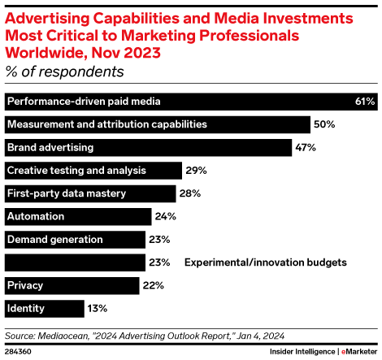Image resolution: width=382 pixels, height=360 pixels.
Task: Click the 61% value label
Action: (x=364, y=102)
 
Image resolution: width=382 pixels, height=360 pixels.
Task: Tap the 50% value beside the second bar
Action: (x=325, y=124)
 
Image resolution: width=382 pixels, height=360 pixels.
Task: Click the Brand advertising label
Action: (x=50, y=147)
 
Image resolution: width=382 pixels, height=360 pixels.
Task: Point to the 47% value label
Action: (x=306, y=148)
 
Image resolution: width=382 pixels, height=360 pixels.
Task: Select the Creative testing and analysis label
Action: (x=76, y=170)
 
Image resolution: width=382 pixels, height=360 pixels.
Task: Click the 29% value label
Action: (x=196, y=171)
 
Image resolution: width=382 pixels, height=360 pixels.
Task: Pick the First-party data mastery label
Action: (x=67, y=193)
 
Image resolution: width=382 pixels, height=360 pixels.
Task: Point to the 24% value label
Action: (x=166, y=217)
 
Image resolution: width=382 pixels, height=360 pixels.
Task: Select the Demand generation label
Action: (x=54, y=239)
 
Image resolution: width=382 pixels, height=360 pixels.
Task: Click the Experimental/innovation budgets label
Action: (x=265, y=262)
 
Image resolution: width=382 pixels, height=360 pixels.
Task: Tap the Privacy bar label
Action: (x=25, y=285)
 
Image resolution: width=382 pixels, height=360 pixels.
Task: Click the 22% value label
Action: (x=153, y=286)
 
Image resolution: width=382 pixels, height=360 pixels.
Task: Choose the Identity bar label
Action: (x=26, y=308)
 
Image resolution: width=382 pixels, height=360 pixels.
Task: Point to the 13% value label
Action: (x=98, y=309)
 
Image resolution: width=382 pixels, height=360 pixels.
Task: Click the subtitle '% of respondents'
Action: (x=65, y=72)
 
